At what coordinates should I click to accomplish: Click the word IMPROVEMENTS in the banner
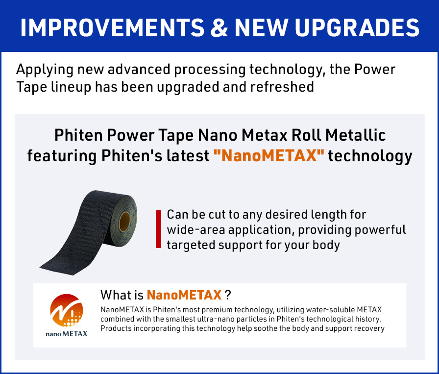(x=113, y=27)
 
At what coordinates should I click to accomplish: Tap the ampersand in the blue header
(x=219, y=27)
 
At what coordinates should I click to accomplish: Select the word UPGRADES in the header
(x=357, y=27)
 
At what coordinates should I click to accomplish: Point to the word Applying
(x=45, y=70)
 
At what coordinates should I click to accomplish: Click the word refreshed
(x=282, y=87)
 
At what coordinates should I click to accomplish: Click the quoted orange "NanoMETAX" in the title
(x=269, y=155)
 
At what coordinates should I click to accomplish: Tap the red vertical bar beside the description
(x=158, y=229)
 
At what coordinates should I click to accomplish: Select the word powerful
(x=380, y=230)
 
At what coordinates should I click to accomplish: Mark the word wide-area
(x=196, y=230)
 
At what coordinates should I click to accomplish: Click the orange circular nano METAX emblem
(x=66, y=310)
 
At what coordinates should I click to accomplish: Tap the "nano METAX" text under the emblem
(x=66, y=333)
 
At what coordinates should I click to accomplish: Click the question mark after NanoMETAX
(x=228, y=295)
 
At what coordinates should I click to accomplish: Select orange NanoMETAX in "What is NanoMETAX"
(x=184, y=295)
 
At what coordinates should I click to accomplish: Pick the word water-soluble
(x=330, y=310)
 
